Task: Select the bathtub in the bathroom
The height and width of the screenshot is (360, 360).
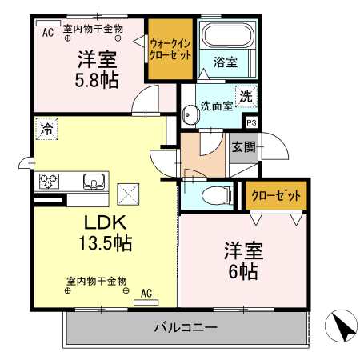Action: tap(226, 36)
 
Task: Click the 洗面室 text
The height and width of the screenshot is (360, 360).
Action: tap(215, 105)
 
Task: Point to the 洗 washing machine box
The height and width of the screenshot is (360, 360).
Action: tap(246, 96)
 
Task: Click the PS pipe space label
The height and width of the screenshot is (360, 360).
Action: tap(251, 122)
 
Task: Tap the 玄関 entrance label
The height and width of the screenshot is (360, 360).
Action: tap(244, 146)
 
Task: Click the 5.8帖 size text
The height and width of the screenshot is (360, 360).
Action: tap(96, 80)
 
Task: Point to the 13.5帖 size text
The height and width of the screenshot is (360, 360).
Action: tap(104, 242)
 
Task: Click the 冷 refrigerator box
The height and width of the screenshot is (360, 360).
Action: tap(47, 128)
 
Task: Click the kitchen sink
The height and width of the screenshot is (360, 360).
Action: tap(94, 181)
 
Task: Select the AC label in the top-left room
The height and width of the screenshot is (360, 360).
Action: tap(48, 32)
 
